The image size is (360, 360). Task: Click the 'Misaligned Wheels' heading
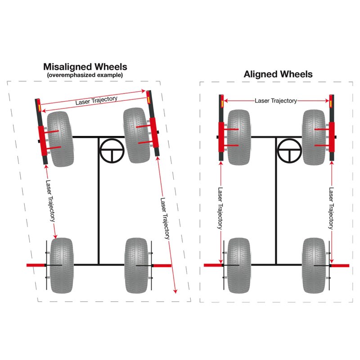[x=85, y=67]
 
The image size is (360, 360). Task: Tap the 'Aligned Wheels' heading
[x=278, y=74]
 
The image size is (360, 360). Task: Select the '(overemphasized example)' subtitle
[x=85, y=75]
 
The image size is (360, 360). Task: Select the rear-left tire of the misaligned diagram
[x=62, y=265]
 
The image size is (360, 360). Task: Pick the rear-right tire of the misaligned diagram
[x=136, y=265]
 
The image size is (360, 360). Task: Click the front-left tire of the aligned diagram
[x=239, y=137]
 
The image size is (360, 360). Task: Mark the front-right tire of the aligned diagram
[x=314, y=137]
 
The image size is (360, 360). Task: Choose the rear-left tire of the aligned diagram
[x=239, y=265]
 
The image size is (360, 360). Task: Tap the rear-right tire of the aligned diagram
[x=314, y=265]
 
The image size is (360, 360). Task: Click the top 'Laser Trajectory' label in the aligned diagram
[x=276, y=101]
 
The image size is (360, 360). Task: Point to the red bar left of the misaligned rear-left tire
[x=36, y=265]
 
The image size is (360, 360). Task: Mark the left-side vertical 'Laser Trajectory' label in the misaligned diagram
[x=50, y=201]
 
